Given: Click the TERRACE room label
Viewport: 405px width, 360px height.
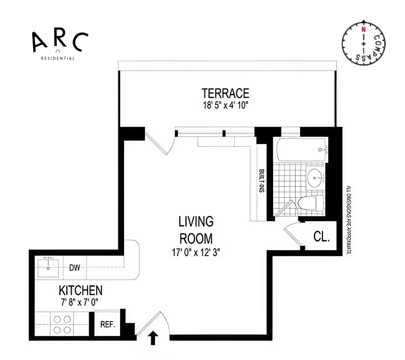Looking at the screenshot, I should (x=225, y=93).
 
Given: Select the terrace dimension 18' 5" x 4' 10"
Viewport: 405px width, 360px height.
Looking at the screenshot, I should (x=225, y=105).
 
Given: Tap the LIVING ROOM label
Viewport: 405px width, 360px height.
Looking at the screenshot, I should (x=196, y=230).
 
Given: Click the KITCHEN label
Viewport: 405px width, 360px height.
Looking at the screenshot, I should (x=81, y=290).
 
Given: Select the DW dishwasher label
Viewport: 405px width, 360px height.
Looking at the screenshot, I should (x=75, y=267).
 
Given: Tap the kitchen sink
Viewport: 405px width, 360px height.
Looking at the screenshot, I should (x=48, y=267).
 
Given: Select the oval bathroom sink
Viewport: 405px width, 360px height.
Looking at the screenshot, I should (x=316, y=177).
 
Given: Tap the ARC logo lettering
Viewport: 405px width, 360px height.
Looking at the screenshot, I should (x=60, y=41).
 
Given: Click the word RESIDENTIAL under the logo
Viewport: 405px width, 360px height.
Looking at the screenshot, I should (x=58, y=58).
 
